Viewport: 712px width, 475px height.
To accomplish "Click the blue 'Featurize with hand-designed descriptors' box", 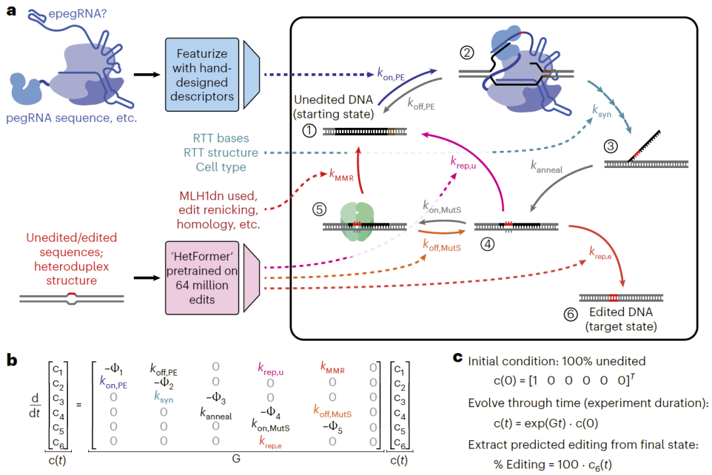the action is [x=202, y=75].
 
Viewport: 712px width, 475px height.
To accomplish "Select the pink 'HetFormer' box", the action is [x=202, y=277].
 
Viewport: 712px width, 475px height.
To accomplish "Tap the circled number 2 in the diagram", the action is [x=467, y=53].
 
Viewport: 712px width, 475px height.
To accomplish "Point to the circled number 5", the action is [x=319, y=209].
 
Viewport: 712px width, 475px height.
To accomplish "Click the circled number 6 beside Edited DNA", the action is [x=570, y=314].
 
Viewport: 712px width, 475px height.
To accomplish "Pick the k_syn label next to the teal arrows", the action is [x=602, y=111].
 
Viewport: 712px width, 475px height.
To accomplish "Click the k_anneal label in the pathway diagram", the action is [x=547, y=167].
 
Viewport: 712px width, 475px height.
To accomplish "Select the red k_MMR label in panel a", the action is [x=341, y=175].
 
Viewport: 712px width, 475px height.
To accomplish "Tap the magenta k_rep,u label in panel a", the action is [x=463, y=163].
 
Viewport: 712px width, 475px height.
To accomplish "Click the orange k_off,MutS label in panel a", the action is [x=442, y=246].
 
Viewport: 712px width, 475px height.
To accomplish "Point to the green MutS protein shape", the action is [x=357, y=221].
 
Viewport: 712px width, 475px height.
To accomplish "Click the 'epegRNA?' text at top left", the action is [x=78, y=14].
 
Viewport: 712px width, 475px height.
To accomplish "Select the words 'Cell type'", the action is [x=221, y=167].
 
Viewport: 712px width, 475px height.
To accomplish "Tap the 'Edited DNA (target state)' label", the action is [x=621, y=320].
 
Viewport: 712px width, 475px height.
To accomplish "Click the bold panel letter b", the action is [x=12, y=360].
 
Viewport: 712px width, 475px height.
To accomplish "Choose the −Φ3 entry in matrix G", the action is [x=216, y=398].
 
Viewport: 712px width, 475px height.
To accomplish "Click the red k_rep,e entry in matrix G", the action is [x=270, y=442].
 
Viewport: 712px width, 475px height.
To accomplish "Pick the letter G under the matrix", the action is [x=236, y=459].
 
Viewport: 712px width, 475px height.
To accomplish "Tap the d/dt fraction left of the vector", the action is [x=35, y=406].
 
